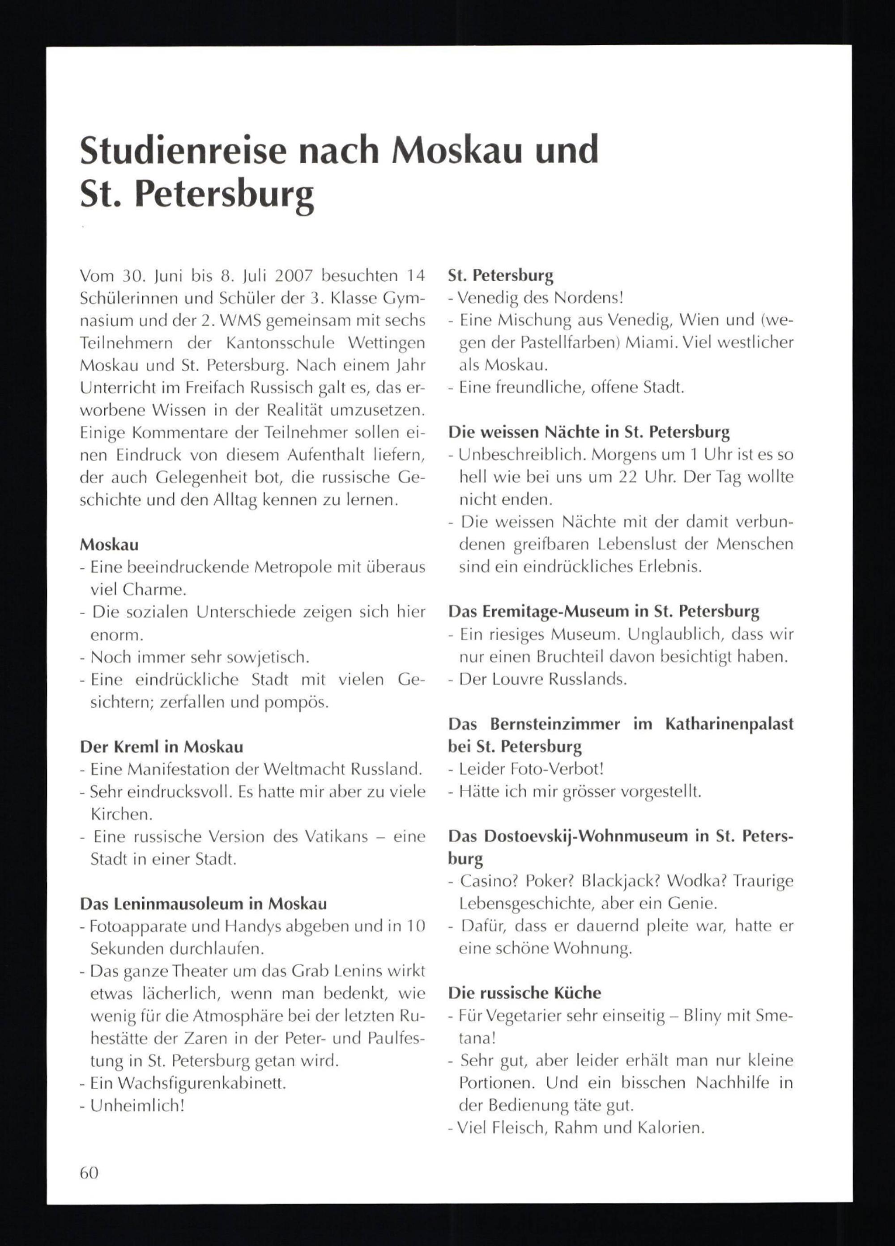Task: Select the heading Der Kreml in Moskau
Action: click(162, 747)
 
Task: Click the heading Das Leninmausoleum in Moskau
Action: click(204, 904)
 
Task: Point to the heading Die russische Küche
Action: click(524, 993)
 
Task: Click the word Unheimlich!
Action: click(137, 1106)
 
